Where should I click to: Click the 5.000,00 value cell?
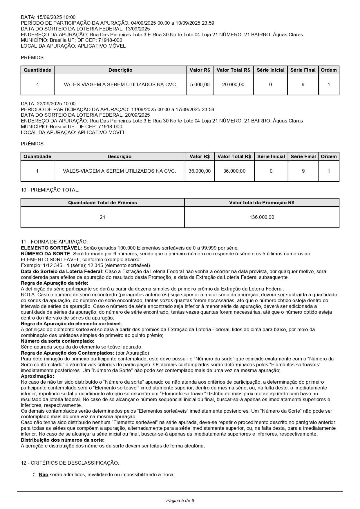(200, 85)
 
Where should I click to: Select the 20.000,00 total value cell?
(233, 85)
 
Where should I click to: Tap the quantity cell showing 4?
(37, 85)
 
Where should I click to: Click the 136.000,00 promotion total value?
(262, 217)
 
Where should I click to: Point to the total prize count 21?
(102, 217)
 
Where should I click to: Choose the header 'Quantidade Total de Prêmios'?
(102, 203)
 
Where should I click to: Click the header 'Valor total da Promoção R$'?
(262, 203)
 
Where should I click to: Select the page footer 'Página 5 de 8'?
(180, 500)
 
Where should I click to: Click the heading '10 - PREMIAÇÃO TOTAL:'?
(50, 190)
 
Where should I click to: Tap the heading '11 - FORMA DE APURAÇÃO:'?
(54, 242)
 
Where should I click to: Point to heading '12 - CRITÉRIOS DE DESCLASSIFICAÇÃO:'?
(70, 463)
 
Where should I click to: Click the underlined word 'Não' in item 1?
(44, 475)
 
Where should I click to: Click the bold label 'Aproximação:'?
(37, 376)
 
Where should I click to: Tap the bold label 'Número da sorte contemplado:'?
(57, 341)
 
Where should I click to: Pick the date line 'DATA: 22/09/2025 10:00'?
(48, 104)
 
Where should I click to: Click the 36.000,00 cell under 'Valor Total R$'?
(234, 171)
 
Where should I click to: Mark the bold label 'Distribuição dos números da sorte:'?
(63, 440)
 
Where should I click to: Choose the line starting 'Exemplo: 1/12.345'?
(86, 266)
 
